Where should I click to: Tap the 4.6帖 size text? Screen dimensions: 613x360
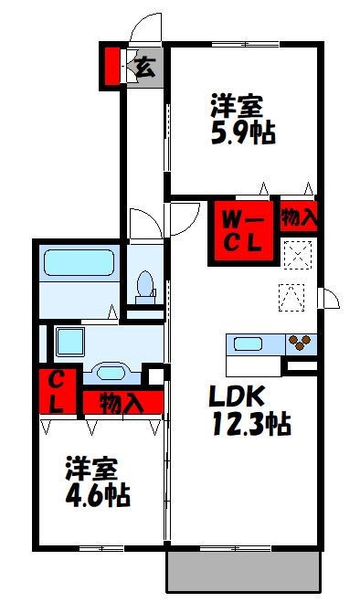coord(97,496)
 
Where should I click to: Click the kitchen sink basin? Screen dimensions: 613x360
coord(249,344)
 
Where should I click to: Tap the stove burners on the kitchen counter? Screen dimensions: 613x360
coord(300,344)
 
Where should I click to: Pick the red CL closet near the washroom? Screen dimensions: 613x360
coord(56,391)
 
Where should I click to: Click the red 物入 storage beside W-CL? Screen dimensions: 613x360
coord(299,217)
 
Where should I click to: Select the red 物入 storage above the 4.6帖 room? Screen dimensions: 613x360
coord(122,402)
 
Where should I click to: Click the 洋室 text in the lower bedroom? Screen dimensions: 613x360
coord(91,471)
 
